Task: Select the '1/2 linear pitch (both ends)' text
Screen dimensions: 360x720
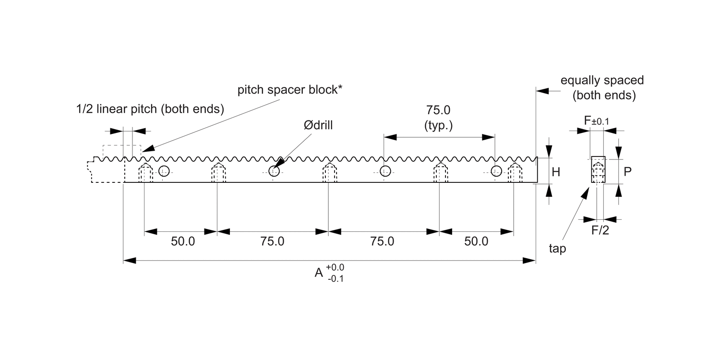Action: pyautogui.click(x=150, y=109)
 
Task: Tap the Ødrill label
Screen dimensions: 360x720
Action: pyautogui.click(x=318, y=125)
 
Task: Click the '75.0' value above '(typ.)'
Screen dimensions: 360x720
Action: pyautogui.click(x=438, y=110)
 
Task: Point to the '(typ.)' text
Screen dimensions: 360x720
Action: pyautogui.click(x=438, y=126)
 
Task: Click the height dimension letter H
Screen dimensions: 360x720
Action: pyautogui.click(x=556, y=172)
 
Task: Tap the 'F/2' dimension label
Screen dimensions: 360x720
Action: pyautogui.click(x=600, y=231)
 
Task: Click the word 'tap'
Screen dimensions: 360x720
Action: pyautogui.click(x=558, y=249)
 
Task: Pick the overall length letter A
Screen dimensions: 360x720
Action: pyautogui.click(x=318, y=273)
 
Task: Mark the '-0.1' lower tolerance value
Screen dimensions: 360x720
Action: pyautogui.click(x=335, y=278)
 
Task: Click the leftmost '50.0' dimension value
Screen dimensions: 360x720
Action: pyautogui.click(x=183, y=241)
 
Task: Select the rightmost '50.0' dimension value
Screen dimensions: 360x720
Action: pyautogui.click(x=476, y=241)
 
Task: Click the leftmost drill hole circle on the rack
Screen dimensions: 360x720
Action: pyautogui.click(x=164, y=171)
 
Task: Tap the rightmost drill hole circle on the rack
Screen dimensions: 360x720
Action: pyautogui.click(x=496, y=171)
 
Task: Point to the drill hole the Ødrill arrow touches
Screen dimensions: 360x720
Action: pyautogui.click(x=274, y=171)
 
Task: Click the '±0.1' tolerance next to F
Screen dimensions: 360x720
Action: pyautogui.click(x=600, y=122)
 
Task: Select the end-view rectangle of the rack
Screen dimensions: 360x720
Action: pyautogui.click(x=598, y=169)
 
